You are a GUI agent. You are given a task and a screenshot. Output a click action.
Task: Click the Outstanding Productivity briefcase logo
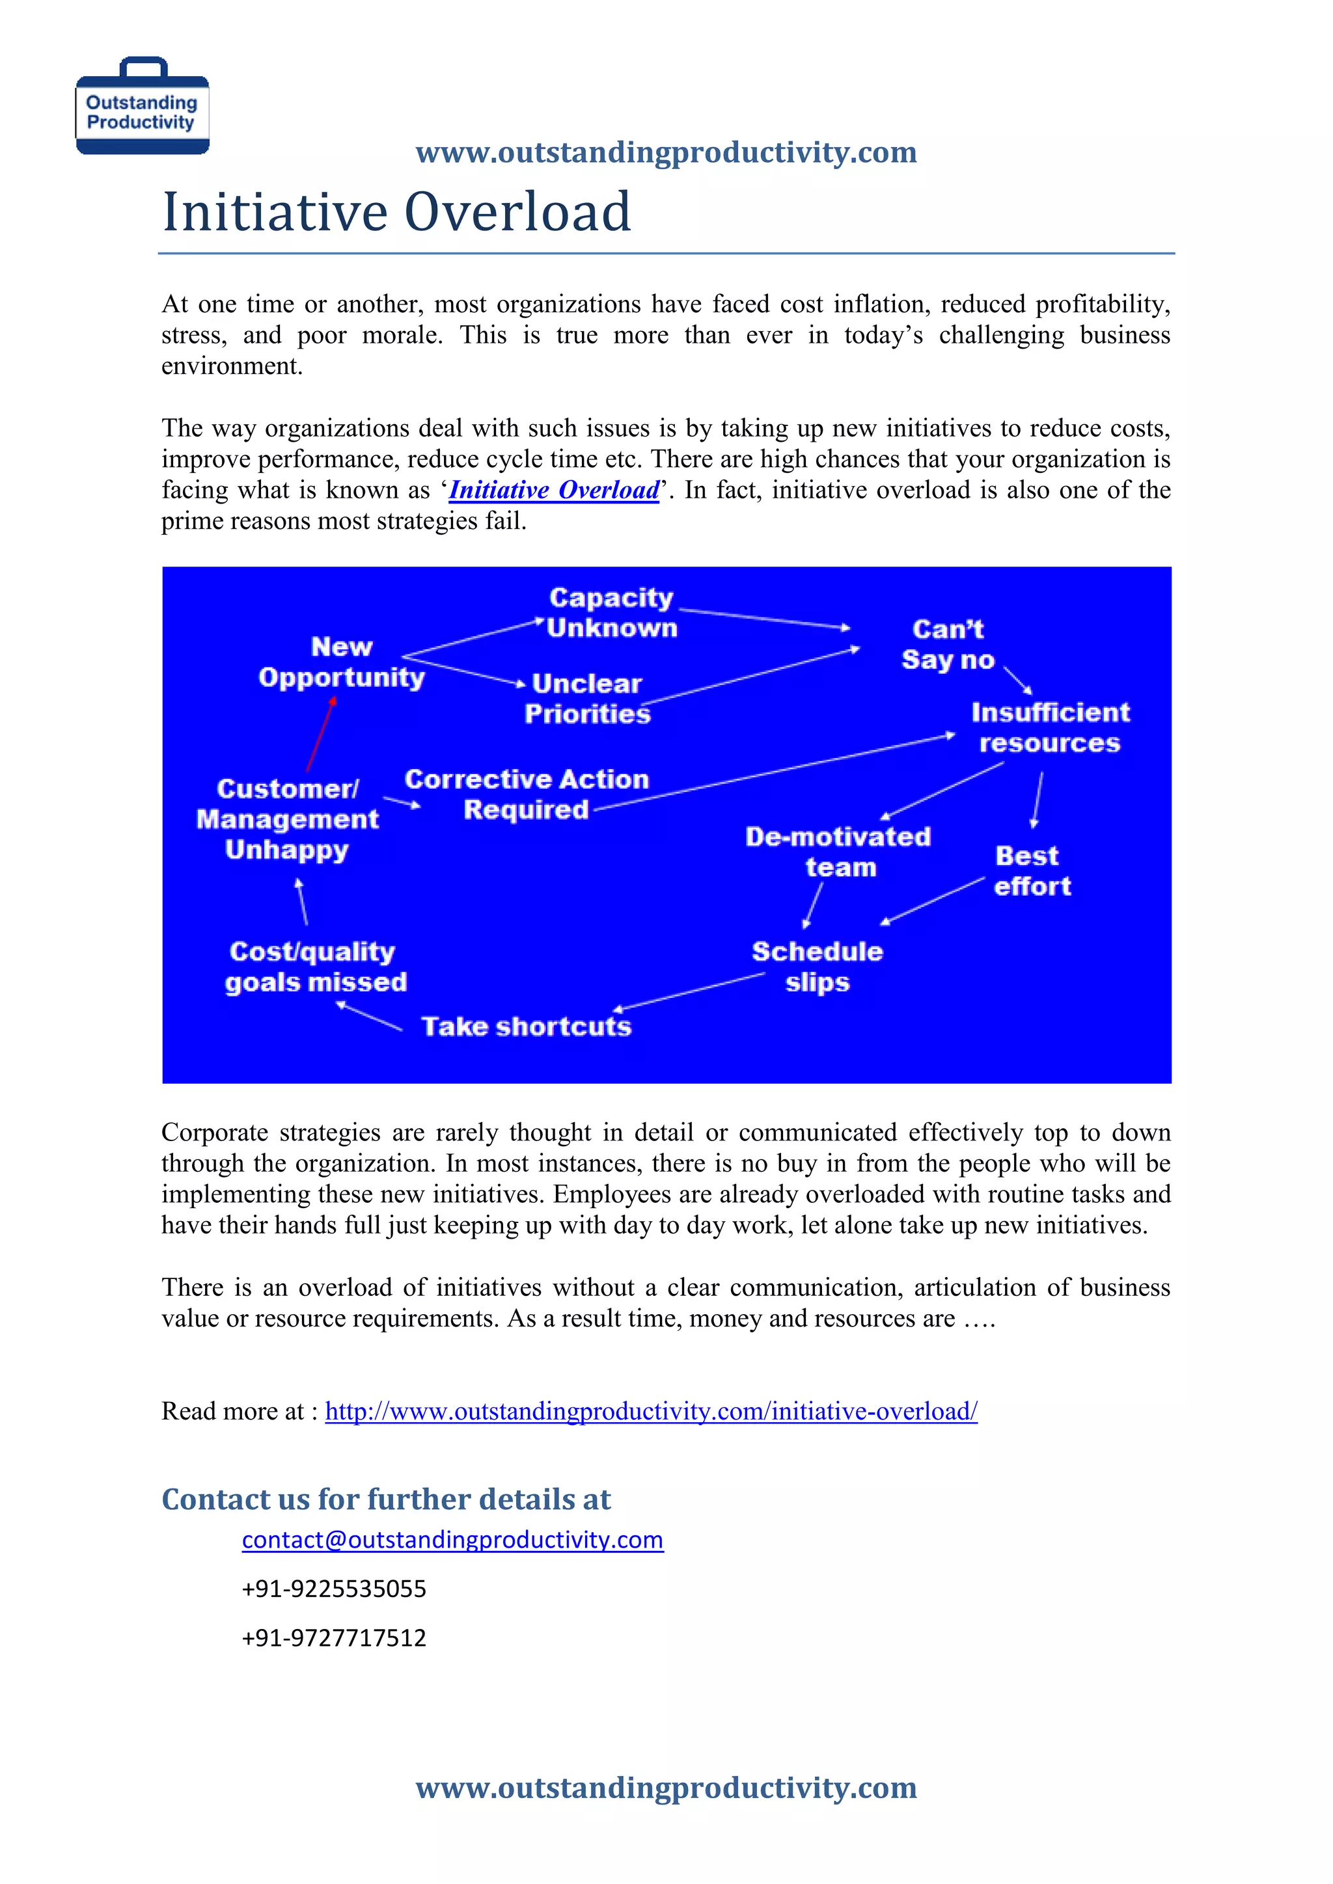pyautogui.click(x=142, y=107)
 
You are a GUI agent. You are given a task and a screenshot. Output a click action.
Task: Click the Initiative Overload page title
pyautogui.click(x=396, y=211)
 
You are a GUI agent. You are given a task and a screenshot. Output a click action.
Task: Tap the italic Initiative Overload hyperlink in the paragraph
pyautogui.click(x=554, y=490)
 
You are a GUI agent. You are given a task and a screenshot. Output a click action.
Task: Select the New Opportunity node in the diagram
pyautogui.click(x=342, y=662)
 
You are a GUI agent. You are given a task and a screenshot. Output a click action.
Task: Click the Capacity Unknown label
pyautogui.click(x=612, y=612)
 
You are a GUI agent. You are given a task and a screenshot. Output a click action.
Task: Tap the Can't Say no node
pyautogui.click(x=948, y=644)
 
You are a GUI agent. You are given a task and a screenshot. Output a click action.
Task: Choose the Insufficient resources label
pyautogui.click(x=1050, y=727)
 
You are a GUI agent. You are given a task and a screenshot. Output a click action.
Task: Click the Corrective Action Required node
pyautogui.click(x=527, y=794)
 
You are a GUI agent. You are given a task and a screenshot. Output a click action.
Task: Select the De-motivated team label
pyautogui.click(x=838, y=852)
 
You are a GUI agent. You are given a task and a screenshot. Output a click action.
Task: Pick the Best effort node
pyautogui.click(x=1031, y=870)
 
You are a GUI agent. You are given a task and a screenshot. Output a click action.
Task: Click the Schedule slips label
pyautogui.click(x=817, y=967)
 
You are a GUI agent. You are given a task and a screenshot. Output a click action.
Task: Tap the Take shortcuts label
pyautogui.click(x=526, y=1027)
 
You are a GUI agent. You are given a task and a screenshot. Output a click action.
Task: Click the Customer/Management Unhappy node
pyautogui.click(x=287, y=819)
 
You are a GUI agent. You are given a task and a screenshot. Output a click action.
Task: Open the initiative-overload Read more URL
pyautogui.click(x=651, y=1411)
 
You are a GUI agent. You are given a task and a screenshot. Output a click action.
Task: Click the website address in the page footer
pyautogui.click(x=666, y=1787)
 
